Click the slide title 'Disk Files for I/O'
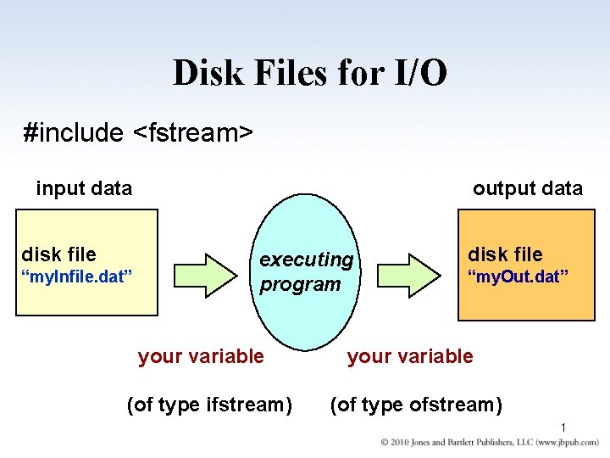pyautogui.click(x=310, y=73)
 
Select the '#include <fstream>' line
pyautogui.click(x=139, y=132)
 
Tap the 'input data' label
pyautogui.click(x=84, y=188)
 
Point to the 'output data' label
pyautogui.click(x=527, y=188)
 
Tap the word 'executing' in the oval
pyautogui.click(x=306, y=259)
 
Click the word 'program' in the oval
pyautogui.click(x=300, y=284)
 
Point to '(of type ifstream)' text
pyautogui.click(x=208, y=405)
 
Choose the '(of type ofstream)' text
pyautogui.click(x=415, y=405)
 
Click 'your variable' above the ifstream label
pyautogui.click(x=201, y=356)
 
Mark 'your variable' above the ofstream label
pyautogui.click(x=410, y=356)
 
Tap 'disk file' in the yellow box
pyautogui.click(x=58, y=254)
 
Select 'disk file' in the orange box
pyautogui.click(x=505, y=254)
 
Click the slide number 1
pyautogui.click(x=563, y=427)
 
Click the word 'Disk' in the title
pyautogui.click(x=205, y=73)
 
